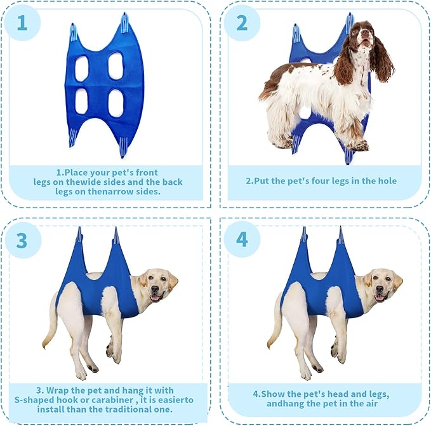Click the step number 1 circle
coord(23,23)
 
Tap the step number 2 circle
coord(242,23)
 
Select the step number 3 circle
coord(23,240)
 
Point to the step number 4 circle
coord(242,239)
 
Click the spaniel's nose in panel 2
coord(365,32)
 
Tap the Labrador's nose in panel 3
coord(155,289)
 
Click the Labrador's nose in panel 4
coord(380,289)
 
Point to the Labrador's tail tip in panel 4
coord(269,346)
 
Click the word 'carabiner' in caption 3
coord(110,400)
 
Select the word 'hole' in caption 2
coord(388,181)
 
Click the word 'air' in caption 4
coord(371,404)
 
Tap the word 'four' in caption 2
coord(321,181)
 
